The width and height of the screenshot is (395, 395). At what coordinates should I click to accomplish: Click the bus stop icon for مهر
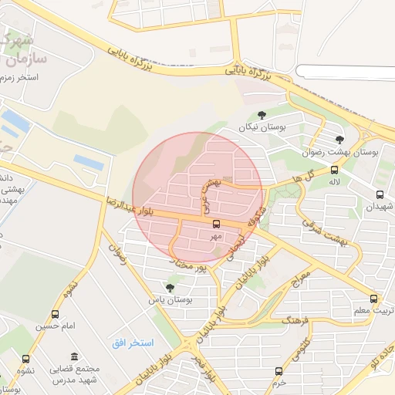point(215,224)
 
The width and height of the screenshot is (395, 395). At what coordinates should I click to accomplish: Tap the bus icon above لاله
point(334,170)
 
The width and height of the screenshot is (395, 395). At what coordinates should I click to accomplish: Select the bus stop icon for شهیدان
point(380,194)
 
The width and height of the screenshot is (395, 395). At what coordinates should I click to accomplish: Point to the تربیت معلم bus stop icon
point(373,299)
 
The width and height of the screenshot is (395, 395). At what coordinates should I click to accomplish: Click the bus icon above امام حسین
point(55,314)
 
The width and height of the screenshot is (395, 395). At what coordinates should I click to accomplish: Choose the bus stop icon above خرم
point(280,370)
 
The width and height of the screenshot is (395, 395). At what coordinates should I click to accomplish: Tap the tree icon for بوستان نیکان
point(262,115)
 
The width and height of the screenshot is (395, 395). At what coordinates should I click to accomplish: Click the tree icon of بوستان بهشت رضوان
point(339,140)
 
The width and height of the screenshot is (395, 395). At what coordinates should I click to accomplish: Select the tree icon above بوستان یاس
point(170,288)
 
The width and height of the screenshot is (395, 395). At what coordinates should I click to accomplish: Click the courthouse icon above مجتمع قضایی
point(74,356)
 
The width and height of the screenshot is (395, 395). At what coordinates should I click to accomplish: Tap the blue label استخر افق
point(132,342)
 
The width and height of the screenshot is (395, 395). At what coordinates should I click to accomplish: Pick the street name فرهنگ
point(295,318)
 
